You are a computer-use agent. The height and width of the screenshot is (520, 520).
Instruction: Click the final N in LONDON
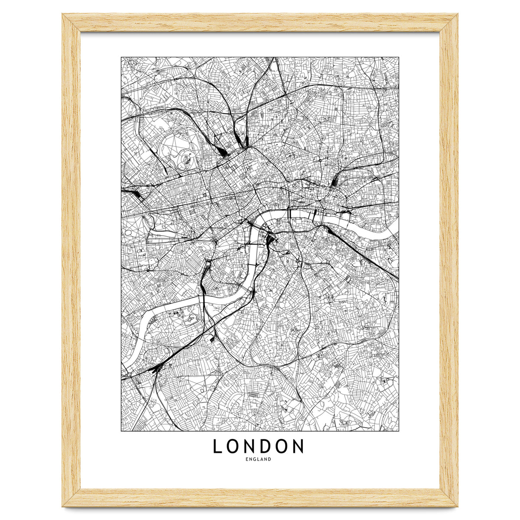click(298, 446)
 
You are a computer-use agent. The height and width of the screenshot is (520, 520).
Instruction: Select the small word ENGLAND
click(258, 459)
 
